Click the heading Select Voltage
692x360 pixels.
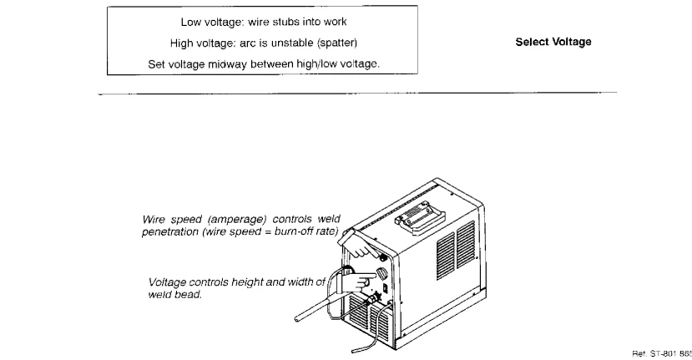coord(554,42)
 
